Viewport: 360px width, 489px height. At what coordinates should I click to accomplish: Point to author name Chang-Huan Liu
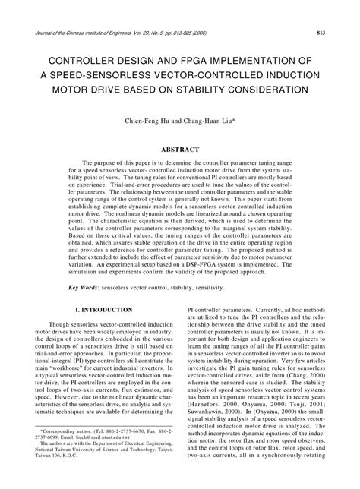[x=205, y=120]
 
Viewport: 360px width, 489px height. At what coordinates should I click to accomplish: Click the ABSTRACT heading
[x=180, y=150]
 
